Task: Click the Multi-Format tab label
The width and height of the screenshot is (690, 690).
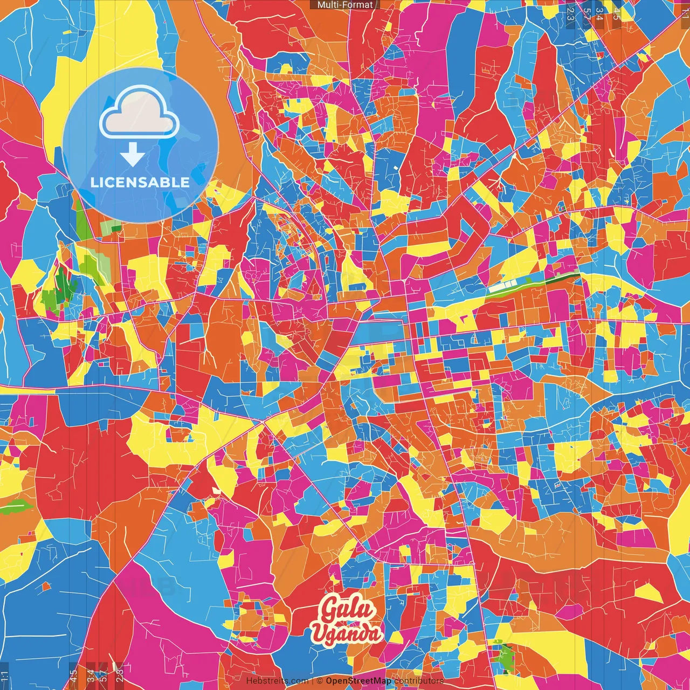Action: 345,5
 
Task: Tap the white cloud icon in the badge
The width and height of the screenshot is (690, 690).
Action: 140,115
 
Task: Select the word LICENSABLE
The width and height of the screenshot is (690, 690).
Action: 140,182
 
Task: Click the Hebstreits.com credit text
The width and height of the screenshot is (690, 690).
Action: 277,681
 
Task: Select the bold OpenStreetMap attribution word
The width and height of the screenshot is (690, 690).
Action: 358,681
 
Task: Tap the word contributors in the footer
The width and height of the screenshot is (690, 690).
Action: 419,681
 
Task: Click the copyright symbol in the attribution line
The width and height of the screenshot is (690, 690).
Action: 319,681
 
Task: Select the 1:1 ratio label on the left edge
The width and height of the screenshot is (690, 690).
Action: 5,676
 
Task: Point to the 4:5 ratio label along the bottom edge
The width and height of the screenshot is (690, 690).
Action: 73,676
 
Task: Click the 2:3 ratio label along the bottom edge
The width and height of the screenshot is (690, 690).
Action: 120,676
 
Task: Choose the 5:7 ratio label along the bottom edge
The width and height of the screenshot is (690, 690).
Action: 103,676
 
